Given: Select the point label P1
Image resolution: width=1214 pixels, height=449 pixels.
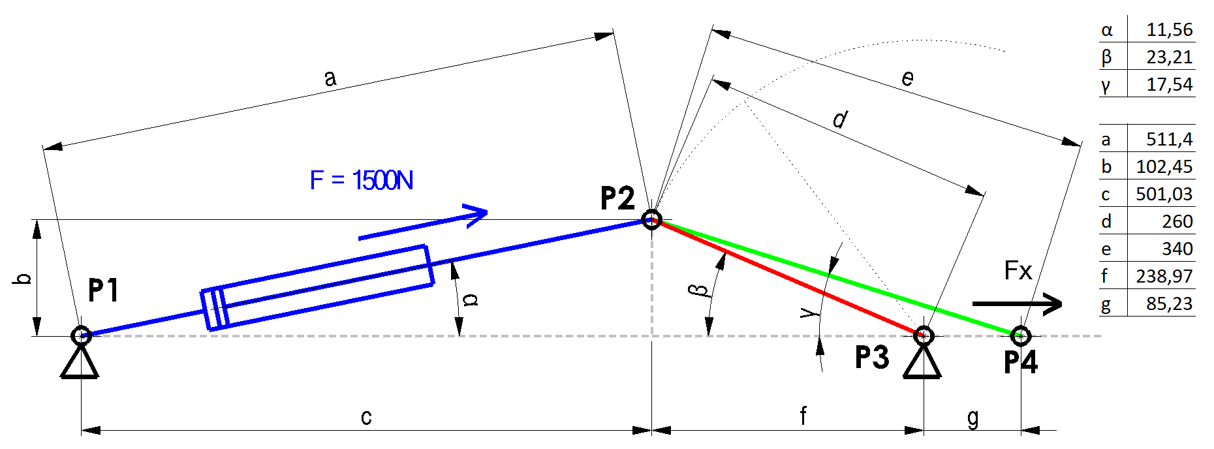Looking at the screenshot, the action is [104, 290].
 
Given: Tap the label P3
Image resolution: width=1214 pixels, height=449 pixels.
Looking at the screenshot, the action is [872, 358].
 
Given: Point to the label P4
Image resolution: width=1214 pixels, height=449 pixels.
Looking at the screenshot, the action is [1021, 362].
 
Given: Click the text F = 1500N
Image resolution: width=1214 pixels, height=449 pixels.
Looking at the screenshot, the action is [362, 180].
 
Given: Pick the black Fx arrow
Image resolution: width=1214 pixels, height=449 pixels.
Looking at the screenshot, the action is [1017, 303].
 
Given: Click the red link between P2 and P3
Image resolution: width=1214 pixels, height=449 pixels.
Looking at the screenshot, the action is [787, 277].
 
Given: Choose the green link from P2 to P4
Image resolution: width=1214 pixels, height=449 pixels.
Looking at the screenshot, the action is [836, 277].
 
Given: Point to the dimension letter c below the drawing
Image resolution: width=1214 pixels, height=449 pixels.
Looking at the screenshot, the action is [366, 417].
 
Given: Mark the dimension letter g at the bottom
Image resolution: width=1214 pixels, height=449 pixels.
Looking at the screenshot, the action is [973, 418].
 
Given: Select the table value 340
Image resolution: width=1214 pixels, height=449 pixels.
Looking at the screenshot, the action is [1177, 249].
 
